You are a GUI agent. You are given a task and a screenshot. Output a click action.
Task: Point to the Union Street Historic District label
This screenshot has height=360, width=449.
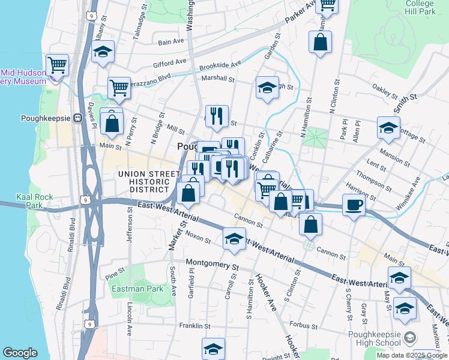149,181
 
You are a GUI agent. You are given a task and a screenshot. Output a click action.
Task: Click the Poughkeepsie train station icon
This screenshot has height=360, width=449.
77,118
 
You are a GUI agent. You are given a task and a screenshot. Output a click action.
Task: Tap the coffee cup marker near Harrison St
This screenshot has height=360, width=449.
354,205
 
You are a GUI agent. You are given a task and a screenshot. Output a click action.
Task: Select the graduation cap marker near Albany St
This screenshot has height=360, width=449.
103,52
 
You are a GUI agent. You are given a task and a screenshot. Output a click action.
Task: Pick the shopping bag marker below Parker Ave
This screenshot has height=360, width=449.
320,42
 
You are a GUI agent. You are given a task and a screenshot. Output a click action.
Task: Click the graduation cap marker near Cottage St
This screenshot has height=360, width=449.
388,128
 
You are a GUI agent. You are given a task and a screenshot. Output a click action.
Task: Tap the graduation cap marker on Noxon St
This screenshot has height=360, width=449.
234,239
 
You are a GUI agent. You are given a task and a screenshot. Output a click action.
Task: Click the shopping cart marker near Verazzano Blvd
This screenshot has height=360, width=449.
119,88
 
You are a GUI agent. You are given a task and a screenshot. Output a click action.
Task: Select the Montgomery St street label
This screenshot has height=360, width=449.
212,263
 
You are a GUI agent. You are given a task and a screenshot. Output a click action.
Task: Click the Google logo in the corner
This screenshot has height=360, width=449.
20,353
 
